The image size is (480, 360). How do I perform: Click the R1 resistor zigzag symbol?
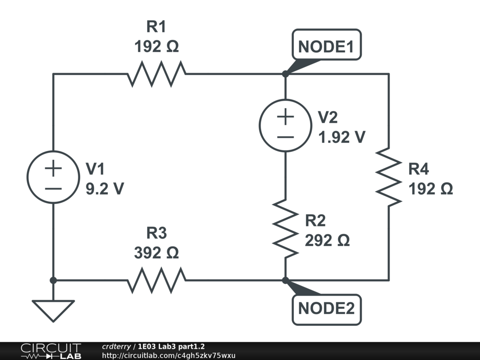pyautogui.click(x=157, y=74)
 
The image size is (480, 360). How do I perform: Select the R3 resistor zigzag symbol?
pyautogui.click(x=157, y=280)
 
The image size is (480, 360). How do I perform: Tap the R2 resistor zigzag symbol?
pyautogui.click(x=285, y=227)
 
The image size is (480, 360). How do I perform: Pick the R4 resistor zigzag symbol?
pyautogui.click(x=389, y=177)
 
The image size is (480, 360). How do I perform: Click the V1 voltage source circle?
pyautogui.click(x=53, y=177)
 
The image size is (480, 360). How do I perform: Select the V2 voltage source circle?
pyautogui.click(x=285, y=126)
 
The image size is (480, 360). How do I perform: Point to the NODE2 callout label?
pyautogui.click(x=327, y=309)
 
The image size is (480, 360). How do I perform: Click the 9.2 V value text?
pyautogui.click(x=105, y=188)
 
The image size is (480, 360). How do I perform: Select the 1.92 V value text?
pyautogui.click(x=341, y=137)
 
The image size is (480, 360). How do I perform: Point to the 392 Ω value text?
pyautogui.click(x=157, y=253)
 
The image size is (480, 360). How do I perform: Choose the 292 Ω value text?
pyautogui.click(x=327, y=240)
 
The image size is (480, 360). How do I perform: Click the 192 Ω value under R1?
pyautogui.click(x=157, y=47)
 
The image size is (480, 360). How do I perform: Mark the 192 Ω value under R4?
pyautogui.click(x=431, y=189)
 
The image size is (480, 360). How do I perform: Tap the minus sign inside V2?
pyautogui.click(x=285, y=137)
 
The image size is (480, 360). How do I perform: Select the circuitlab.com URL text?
pyautogui.click(x=169, y=356)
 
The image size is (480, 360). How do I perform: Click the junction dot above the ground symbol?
pyautogui.click(x=53, y=280)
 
